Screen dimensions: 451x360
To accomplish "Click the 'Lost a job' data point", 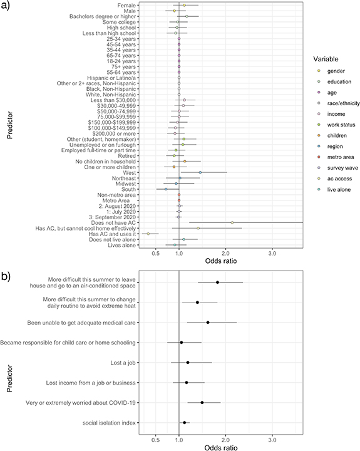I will (188, 362).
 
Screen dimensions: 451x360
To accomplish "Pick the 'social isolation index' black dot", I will (184, 423).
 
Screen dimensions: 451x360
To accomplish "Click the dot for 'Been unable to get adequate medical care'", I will (208, 322).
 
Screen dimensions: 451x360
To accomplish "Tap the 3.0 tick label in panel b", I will (272, 440).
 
